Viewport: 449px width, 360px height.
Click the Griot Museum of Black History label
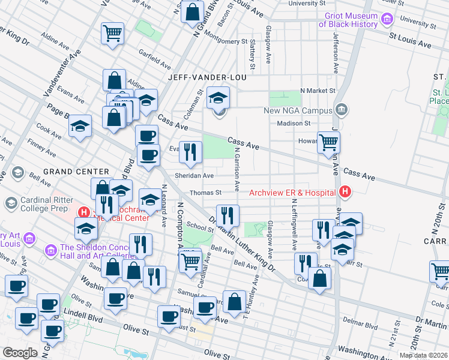tap(348, 20)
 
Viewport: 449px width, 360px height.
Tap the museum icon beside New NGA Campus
tap(342, 110)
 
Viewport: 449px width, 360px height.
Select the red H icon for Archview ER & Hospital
tap(345, 192)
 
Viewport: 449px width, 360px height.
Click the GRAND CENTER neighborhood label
tap(76, 172)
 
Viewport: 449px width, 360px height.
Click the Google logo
tap(20, 353)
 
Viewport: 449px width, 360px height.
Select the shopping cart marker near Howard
tap(328, 143)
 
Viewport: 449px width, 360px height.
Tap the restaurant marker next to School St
tap(228, 215)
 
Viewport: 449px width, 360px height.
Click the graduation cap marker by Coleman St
tap(218, 97)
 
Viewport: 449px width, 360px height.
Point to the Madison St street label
tap(293, 123)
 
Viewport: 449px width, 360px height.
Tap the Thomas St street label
tap(206, 193)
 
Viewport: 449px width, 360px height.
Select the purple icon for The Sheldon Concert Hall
tap(51, 248)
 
